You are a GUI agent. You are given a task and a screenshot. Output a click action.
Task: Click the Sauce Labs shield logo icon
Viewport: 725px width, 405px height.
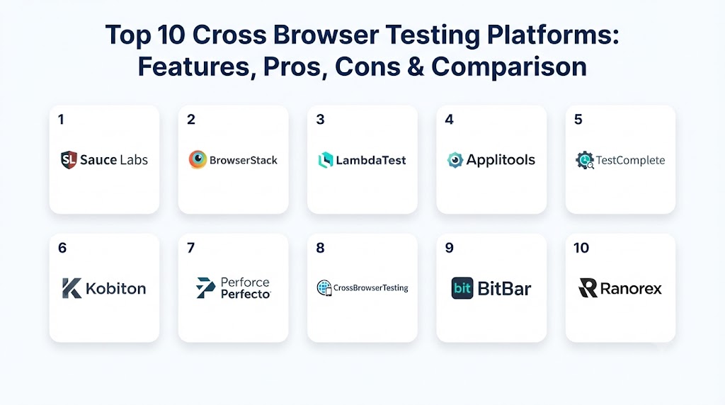pos(69,160)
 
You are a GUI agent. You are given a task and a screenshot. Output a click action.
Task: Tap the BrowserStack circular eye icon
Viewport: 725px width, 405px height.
pos(198,159)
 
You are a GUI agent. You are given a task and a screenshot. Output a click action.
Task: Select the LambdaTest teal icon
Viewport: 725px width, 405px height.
pos(326,160)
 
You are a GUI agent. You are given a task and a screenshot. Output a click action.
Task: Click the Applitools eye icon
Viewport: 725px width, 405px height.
pos(455,160)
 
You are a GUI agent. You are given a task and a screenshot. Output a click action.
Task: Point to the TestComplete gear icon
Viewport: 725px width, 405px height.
pos(585,160)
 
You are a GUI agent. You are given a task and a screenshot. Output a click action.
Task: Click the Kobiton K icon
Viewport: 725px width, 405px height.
pos(72,288)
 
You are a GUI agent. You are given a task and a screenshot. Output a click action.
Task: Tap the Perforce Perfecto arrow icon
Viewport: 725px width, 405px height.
pos(205,287)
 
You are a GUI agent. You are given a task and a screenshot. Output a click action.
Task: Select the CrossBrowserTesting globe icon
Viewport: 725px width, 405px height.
pos(324,287)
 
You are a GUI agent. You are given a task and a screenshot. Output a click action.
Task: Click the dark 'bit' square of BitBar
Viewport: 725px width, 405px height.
pos(462,288)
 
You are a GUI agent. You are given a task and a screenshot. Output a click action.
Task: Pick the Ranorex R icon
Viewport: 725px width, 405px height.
pos(588,287)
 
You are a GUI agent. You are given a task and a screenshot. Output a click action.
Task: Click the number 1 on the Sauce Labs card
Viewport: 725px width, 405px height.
pos(61,120)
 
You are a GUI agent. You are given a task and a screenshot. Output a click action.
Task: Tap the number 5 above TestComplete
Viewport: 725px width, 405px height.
pos(578,120)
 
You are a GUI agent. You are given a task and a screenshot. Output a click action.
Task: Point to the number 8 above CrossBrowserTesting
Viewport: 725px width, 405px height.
pos(320,248)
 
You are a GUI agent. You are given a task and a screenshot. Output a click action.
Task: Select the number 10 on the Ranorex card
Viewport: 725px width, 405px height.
pos(581,248)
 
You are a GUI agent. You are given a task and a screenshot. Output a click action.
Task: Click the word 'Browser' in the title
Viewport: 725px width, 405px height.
pos(326,35)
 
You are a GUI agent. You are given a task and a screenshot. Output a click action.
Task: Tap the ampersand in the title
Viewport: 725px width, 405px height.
pos(416,67)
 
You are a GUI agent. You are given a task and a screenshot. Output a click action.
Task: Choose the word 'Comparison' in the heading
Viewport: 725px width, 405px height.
pos(509,67)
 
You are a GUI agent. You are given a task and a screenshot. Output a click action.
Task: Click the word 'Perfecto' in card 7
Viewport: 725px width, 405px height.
pos(246,294)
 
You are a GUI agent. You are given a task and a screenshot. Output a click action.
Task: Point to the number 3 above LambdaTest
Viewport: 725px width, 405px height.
pos(320,120)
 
